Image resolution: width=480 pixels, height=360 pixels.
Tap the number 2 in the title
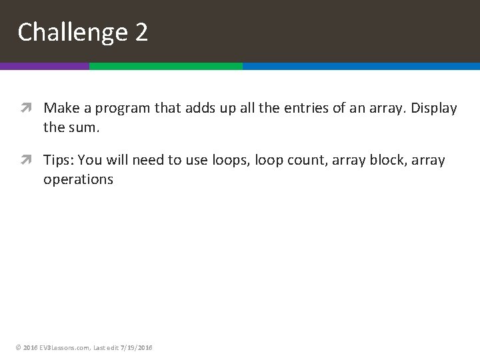pos(141,32)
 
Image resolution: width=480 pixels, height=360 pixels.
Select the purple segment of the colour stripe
pos(44,66)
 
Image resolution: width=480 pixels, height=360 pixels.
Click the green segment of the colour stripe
pos(165,66)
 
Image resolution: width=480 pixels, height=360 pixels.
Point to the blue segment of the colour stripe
pos(361,66)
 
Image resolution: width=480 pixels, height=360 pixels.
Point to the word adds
pos(201,108)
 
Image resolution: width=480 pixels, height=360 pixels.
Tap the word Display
pos(433,109)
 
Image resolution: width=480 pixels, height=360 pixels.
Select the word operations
pos(78,180)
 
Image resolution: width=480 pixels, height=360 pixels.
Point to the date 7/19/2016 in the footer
pos(136,347)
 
